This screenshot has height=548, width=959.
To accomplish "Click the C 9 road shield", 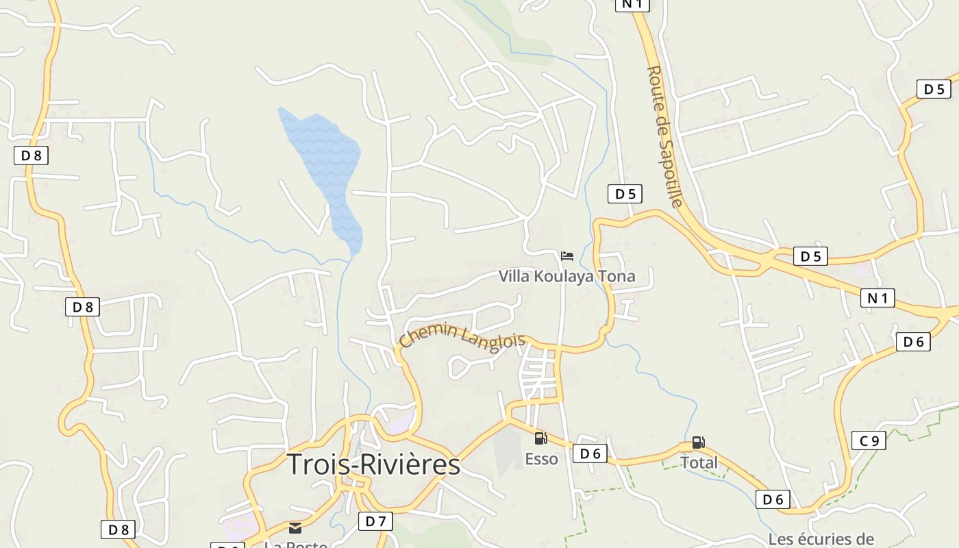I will [869, 440].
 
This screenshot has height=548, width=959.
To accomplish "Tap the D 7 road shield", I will [375, 521].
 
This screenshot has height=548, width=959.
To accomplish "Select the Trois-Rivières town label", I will [373, 464].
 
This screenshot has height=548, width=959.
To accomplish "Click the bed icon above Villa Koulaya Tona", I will [567, 256].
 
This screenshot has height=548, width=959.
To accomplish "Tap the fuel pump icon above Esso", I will [540, 438].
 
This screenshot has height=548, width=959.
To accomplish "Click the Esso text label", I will [541, 458].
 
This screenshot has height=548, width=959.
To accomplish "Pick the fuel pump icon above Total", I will [698, 443].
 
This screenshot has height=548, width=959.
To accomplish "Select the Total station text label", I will [699, 462].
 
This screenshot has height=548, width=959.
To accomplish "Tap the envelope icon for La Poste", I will [295, 527].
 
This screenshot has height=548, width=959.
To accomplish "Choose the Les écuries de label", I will [821, 539].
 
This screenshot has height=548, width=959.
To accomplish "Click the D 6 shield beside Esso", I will [590, 453].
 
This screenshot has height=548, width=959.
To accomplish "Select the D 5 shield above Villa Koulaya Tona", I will [625, 194].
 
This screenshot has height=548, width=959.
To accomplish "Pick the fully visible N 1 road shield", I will [877, 298].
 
